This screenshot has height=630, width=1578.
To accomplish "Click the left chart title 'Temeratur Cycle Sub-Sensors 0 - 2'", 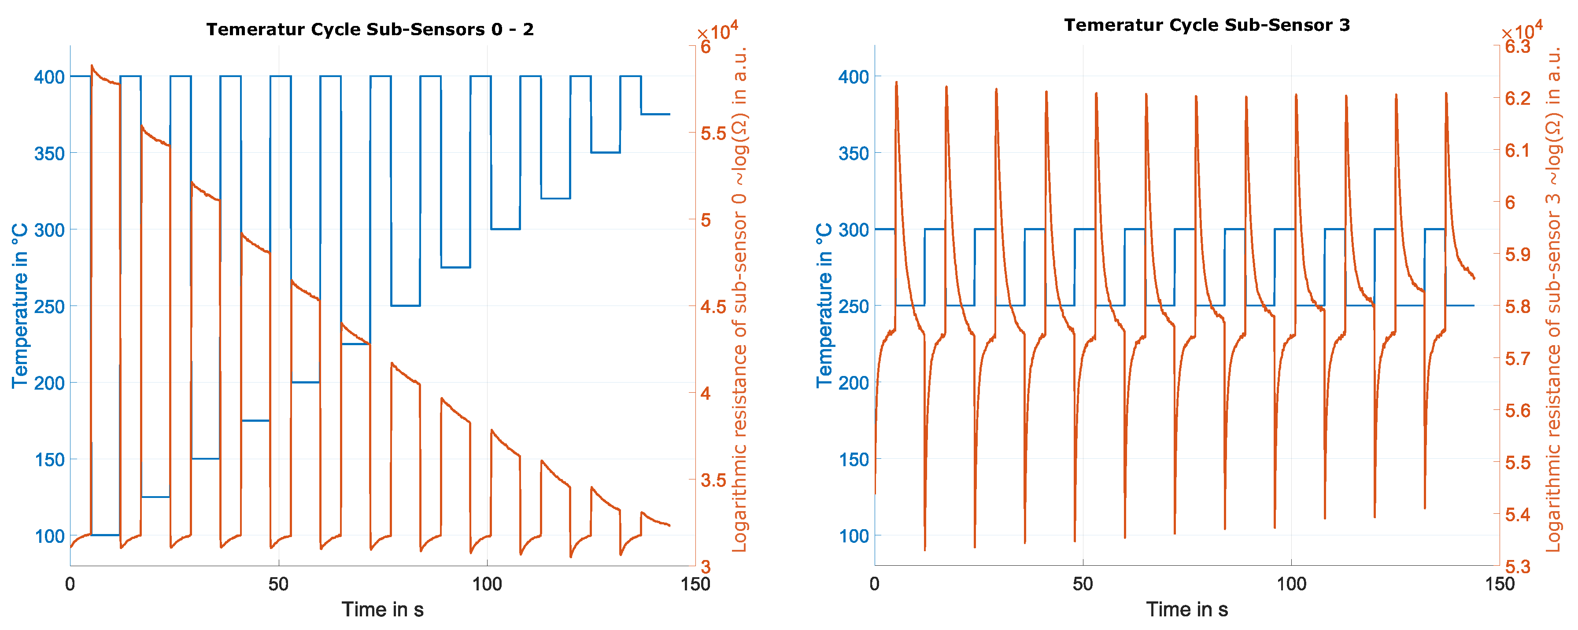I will click(370, 29).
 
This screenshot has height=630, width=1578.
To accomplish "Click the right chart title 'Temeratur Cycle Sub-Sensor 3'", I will click(1206, 25).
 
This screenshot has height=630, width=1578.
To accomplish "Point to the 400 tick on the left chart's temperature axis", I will click(49, 77).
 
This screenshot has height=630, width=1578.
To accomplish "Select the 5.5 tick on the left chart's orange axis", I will click(713, 133).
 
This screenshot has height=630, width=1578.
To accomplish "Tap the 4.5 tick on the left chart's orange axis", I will click(713, 307).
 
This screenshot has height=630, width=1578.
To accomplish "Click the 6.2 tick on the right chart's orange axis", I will click(1518, 99).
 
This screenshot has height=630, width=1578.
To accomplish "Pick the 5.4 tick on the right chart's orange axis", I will click(1518, 514).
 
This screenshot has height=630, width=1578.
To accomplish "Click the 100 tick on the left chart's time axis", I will click(487, 583).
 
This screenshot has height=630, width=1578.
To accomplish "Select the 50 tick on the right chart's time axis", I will click(1083, 583).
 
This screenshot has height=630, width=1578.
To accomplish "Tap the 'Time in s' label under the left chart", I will click(382, 610).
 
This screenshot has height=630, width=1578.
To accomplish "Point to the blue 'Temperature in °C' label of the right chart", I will click(824, 306).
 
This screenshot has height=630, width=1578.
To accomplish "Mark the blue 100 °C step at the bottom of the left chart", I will click(105, 535).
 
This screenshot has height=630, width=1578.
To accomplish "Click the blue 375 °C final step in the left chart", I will click(655, 114).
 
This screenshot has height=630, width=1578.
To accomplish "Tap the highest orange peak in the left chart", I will click(92, 66).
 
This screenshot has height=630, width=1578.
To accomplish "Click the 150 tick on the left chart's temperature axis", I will click(49, 460).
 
